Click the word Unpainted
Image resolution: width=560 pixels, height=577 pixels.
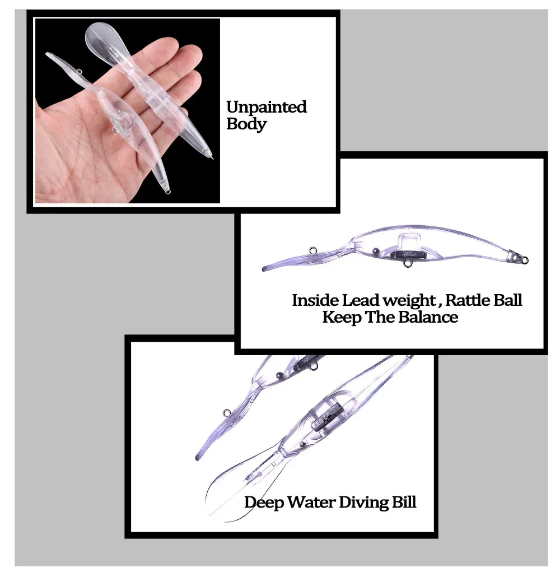(x=266, y=107)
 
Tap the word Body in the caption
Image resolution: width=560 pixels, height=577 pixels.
(x=246, y=124)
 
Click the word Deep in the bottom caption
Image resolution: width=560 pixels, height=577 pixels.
(x=264, y=502)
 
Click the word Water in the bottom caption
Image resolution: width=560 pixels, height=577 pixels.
(x=311, y=502)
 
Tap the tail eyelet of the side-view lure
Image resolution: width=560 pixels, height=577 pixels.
(x=525, y=260)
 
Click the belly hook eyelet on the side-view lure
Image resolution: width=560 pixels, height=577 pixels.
(x=407, y=263)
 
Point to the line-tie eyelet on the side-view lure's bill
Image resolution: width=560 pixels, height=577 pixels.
(x=312, y=250)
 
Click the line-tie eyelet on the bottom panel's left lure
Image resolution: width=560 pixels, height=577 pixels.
(x=226, y=413)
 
